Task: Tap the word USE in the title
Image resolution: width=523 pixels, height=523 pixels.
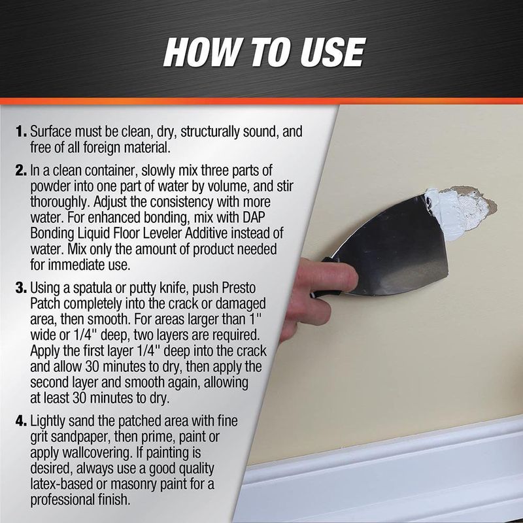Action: (x=333, y=52)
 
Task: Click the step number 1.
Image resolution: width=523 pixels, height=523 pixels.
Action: (x=21, y=131)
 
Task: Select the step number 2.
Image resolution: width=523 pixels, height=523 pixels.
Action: (x=21, y=171)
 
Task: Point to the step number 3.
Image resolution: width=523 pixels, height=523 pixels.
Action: (x=21, y=288)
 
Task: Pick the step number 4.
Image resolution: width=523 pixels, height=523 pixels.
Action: (x=21, y=421)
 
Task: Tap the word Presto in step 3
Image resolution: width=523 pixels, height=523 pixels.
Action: (x=239, y=288)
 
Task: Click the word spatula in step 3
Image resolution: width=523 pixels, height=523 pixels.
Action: (x=91, y=288)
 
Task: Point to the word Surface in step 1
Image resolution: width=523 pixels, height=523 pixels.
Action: (x=51, y=131)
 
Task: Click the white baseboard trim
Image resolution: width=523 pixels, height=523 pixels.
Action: (x=384, y=477)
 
